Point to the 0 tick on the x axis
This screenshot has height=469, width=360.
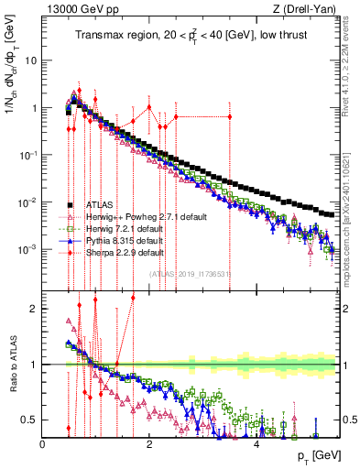click(x=43, y=442)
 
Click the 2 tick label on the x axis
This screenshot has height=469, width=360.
click(x=150, y=442)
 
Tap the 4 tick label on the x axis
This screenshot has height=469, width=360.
click(x=257, y=442)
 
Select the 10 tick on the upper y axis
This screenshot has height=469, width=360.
click(x=30, y=61)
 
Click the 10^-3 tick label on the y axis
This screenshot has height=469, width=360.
click(x=27, y=249)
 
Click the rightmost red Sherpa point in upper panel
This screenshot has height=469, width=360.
click(x=229, y=116)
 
